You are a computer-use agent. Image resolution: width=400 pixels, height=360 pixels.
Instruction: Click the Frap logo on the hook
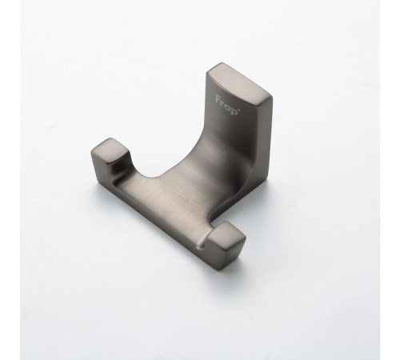click(227, 105)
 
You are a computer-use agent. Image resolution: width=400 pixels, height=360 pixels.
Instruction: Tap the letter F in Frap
click(218, 98)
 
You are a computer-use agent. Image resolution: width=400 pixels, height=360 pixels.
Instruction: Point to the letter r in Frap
click(223, 102)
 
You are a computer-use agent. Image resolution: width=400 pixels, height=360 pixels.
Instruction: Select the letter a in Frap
click(228, 106)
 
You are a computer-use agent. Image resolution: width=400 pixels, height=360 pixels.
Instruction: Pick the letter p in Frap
click(234, 110)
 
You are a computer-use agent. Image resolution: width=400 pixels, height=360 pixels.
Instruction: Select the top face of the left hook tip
click(110, 150)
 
